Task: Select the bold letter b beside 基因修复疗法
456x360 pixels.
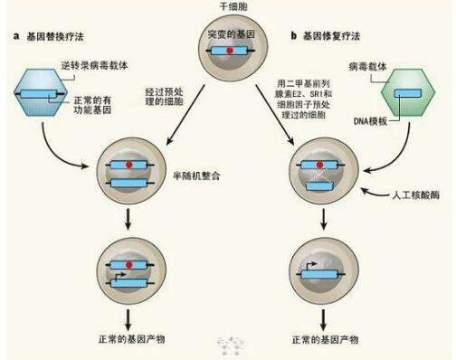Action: click(x=294, y=37)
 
